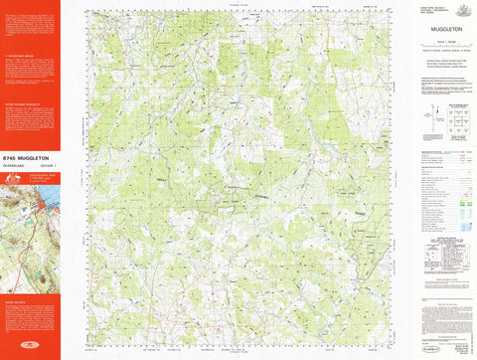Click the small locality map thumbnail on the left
pos(30,203)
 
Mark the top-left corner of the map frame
pos(86,12)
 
